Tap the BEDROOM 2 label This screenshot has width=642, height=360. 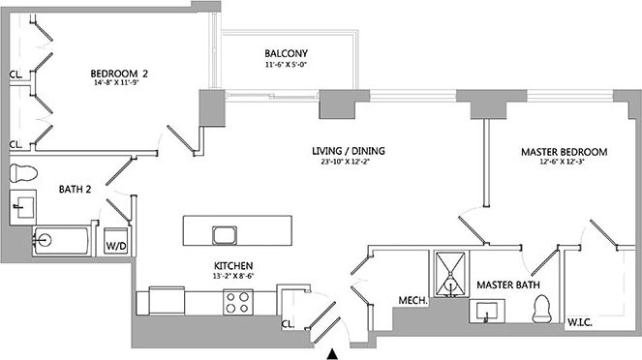pos(119,73)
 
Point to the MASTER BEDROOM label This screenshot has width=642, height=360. pos(564,152)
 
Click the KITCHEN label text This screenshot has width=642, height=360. pos(233,265)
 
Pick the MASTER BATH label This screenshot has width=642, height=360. pos(507,285)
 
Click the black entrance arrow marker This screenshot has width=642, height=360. pos(334,353)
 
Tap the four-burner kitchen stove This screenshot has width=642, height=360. pos(238,303)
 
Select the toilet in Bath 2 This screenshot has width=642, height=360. pos(21,174)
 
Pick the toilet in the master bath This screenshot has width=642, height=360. pos(542,308)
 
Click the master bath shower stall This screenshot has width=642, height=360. pos(448,272)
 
